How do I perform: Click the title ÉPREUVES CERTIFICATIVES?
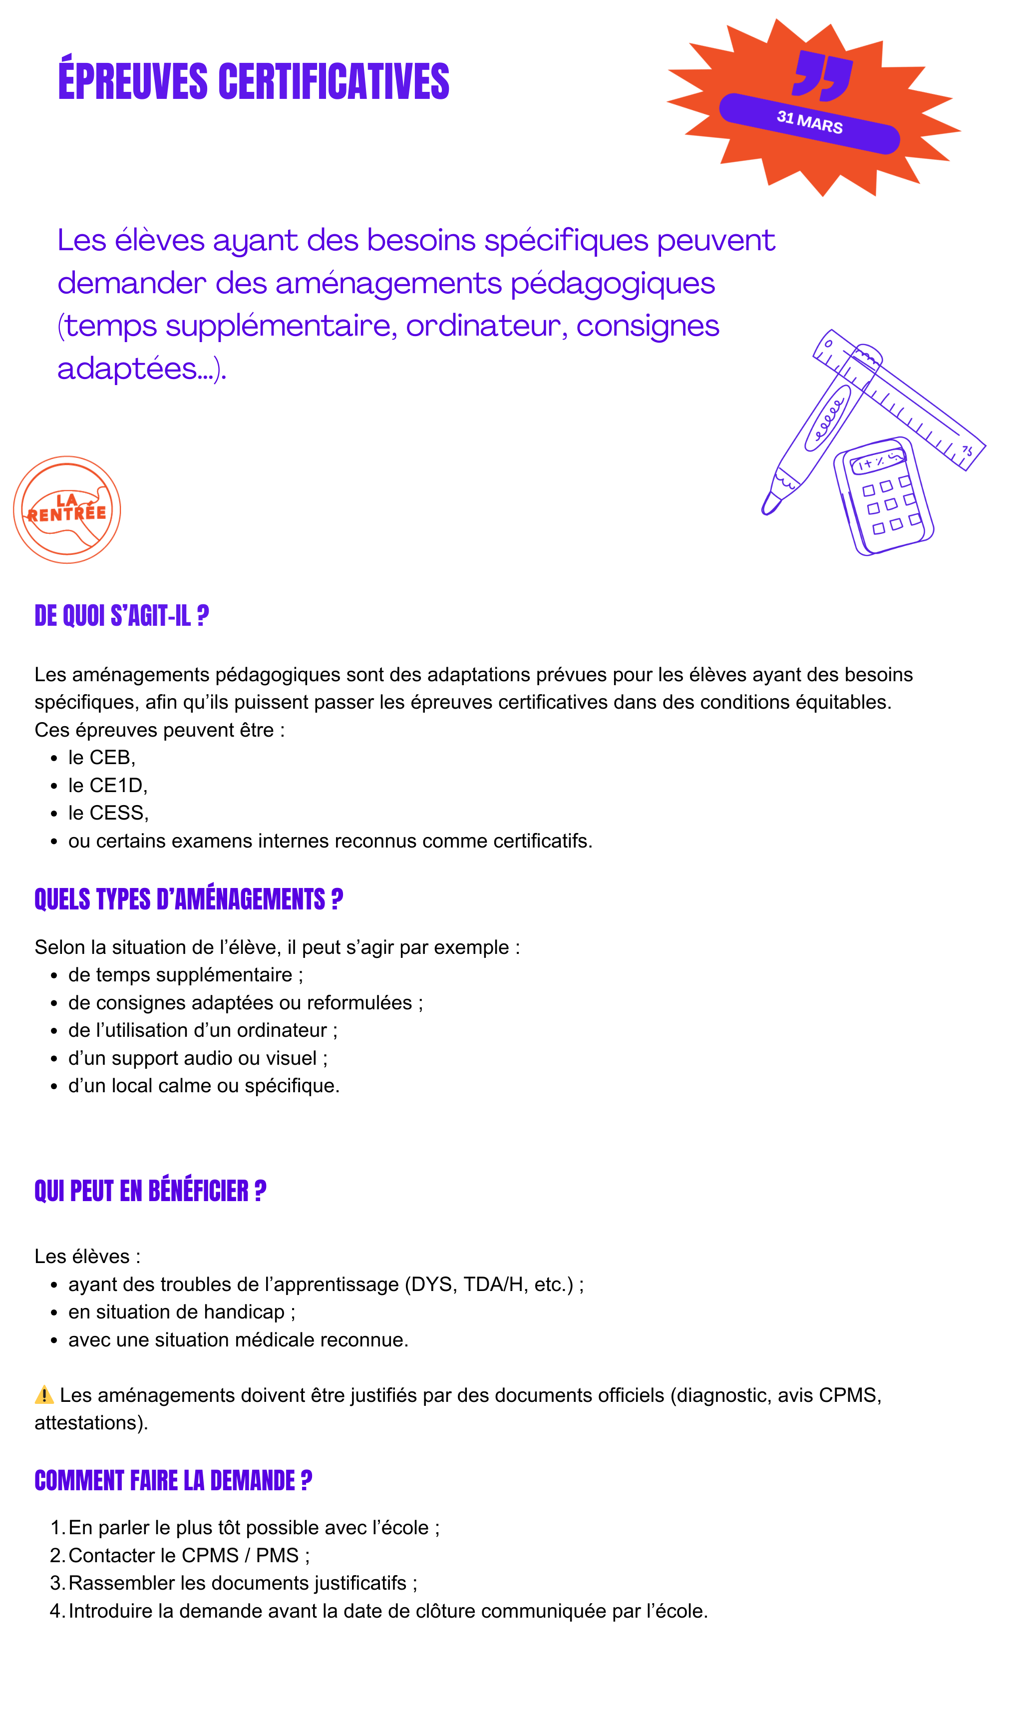pos(254,81)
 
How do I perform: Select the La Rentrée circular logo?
pos(67,509)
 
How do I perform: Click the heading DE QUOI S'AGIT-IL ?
pos(121,616)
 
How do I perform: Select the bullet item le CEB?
pos(101,757)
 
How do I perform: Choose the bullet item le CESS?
pos(108,813)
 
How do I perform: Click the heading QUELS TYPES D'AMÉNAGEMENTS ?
pos(188,899)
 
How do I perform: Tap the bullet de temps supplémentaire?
pos(185,974)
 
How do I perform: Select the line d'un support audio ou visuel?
pos(197,1058)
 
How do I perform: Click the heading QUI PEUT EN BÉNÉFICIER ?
pos(150,1191)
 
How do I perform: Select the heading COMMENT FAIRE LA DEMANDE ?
pos(173,1480)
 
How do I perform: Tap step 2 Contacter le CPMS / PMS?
pos(188,1556)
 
